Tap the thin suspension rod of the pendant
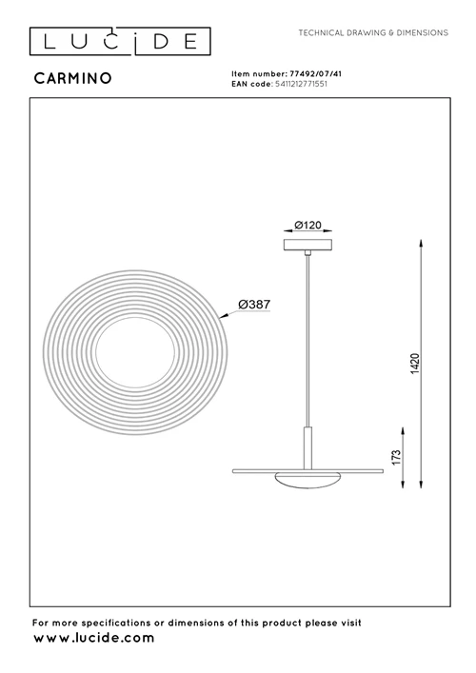(x=306, y=343)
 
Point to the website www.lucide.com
(x=93, y=639)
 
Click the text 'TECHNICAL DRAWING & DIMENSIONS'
(x=373, y=32)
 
